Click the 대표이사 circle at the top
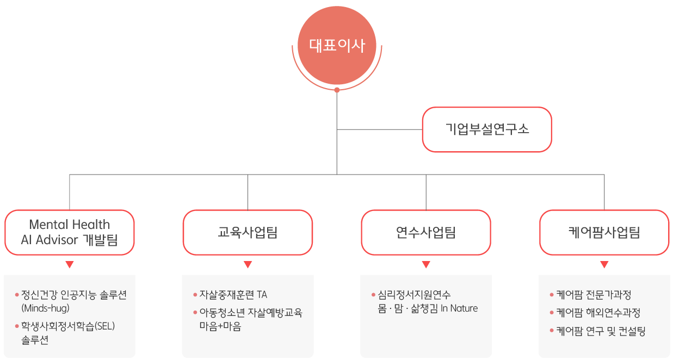coord(337,46)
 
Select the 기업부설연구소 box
coord(487,129)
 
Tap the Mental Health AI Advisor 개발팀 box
coord(70,232)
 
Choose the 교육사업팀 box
coord(248,233)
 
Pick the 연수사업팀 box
coord(426,233)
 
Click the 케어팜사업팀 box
coord(604,233)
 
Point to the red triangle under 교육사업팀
coord(248,265)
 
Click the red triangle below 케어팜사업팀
coord(604,265)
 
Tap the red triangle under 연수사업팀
coord(426,265)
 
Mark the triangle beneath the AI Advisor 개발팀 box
coord(69,265)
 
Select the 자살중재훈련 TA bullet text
coord(233,295)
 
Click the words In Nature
coord(459,308)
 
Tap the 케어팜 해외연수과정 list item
coord(598,313)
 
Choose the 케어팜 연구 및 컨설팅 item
coord(601,331)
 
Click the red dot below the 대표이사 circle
coord(337,90)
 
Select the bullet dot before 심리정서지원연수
coord(374,295)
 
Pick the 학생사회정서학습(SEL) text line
coord(69,326)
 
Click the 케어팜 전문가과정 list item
coord(594,295)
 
